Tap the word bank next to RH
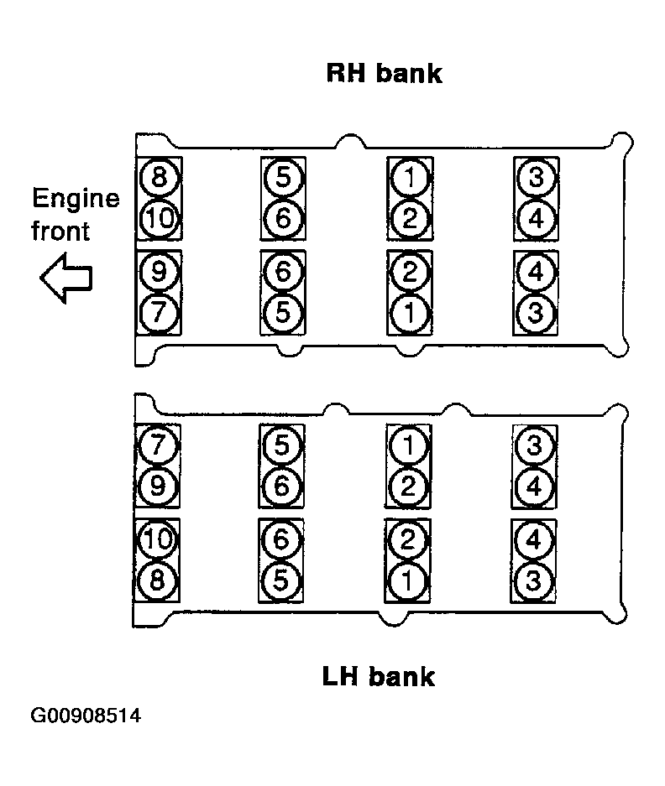tap(409, 73)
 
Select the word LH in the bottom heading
tap(340, 676)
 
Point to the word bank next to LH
tap(401, 676)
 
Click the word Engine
tap(76, 199)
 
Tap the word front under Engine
tap(60, 231)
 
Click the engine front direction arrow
tap(66, 278)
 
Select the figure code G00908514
tap(86, 716)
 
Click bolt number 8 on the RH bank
tap(159, 178)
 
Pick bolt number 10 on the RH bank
tap(159, 219)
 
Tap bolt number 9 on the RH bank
tap(159, 272)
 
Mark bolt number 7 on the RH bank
tap(159, 313)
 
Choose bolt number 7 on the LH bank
tap(158, 445)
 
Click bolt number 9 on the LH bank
tap(158, 486)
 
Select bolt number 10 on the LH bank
tap(157, 539)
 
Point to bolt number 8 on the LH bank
tap(157, 580)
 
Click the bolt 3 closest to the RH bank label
tap(536, 178)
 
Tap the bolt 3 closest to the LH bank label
tap(533, 581)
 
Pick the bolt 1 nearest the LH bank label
tap(407, 581)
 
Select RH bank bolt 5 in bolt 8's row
tap(283, 178)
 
